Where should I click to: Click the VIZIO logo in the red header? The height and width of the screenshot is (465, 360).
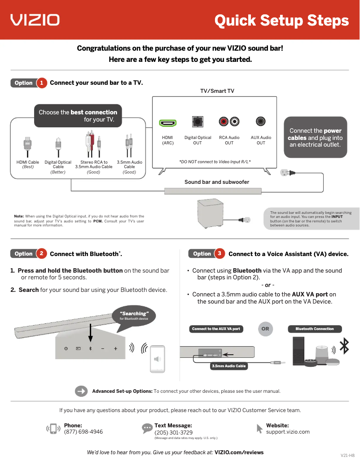tap(35, 20)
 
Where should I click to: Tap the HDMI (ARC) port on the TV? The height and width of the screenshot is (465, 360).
tap(168, 122)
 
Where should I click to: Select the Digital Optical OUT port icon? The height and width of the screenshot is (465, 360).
tap(198, 122)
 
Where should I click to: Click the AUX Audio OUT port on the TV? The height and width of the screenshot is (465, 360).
tap(261, 121)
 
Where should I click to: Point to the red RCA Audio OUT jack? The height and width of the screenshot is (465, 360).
tap(224, 122)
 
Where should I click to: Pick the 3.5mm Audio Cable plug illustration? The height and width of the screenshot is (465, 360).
tap(129, 146)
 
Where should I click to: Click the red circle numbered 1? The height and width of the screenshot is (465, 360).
tap(41, 83)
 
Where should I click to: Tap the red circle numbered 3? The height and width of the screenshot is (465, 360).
tap(220, 254)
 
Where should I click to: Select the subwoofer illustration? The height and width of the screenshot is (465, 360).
tap(210, 214)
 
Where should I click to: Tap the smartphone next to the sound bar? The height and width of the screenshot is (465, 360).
tap(157, 359)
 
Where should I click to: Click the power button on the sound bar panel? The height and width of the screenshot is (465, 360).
tap(66, 348)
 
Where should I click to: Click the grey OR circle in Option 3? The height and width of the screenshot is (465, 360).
tap(265, 329)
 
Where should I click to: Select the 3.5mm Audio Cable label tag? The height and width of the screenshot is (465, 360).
tap(229, 366)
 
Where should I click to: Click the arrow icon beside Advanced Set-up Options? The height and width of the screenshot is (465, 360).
tap(81, 391)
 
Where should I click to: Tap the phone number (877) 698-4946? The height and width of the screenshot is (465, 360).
tap(83, 432)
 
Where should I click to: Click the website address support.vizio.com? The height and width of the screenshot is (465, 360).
tap(288, 432)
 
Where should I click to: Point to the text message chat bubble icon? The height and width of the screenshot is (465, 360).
tap(147, 428)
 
